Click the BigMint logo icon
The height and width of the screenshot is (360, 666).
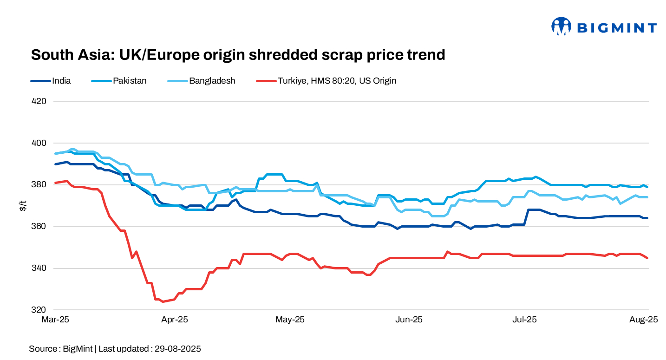tap(561, 26)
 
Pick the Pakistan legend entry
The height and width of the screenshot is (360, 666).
tap(130, 81)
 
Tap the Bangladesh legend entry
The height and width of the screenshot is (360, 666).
tap(212, 81)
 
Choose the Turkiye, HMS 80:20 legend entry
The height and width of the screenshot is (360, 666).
tap(337, 81)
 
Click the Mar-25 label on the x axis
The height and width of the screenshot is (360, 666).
tap(55, 320)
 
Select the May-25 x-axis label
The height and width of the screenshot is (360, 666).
tap(290, 320)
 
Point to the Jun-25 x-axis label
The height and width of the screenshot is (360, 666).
tap(408, 320)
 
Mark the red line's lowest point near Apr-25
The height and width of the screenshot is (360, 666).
tap(163, 301)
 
